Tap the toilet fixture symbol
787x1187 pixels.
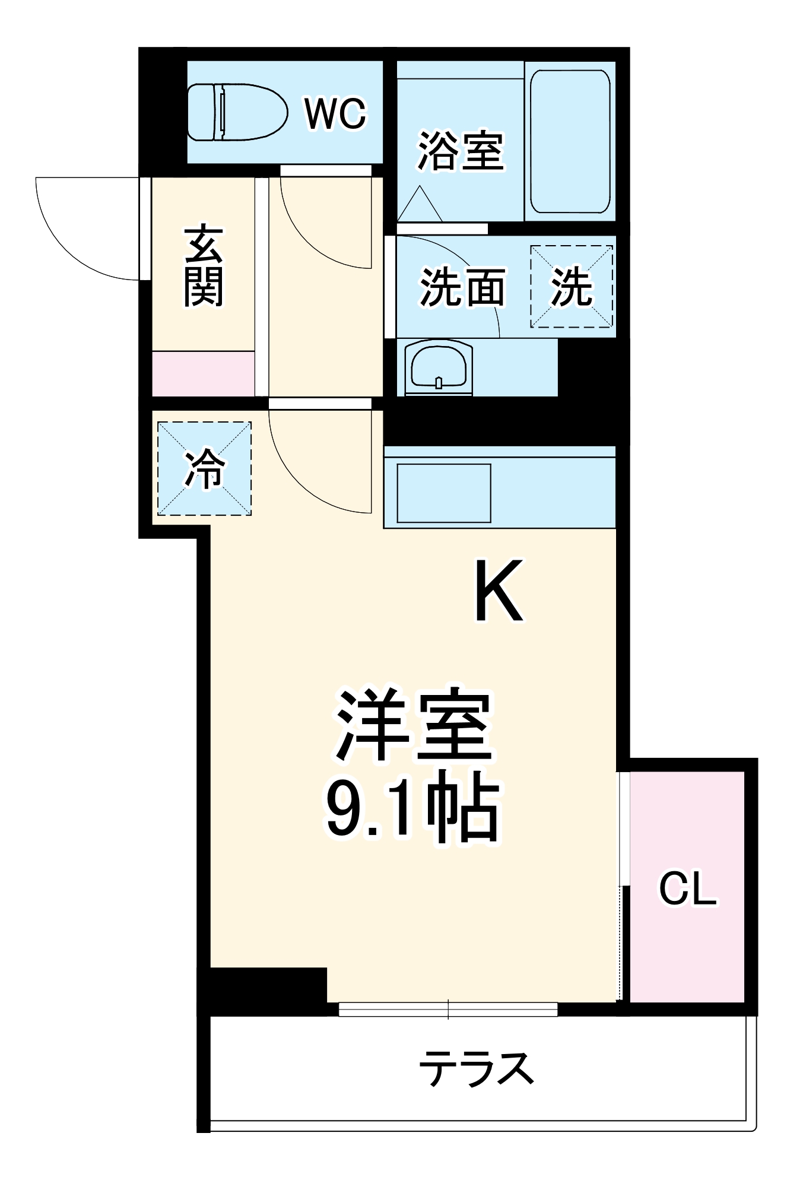click(x=237, y=112)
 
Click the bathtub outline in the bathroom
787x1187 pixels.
click(x=570, y=141)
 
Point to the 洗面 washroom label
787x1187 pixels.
click(x=463, y=288)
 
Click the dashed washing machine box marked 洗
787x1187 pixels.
click(x=572, y=287)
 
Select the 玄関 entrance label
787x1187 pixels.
click(x=204, y=265)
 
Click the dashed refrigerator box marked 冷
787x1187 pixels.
click(x=204, y=469)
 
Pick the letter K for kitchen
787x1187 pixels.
click(x=499, y=591)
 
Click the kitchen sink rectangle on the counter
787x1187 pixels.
click(x=444, y=493)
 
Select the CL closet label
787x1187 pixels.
click(x=688, y=888)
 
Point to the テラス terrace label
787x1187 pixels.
click(x=476, y=1068)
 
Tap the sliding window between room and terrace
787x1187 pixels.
click(x=448, y=1009)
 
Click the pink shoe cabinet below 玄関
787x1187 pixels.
click(x=204, y=374)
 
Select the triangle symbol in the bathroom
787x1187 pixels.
click(x=420, y=205)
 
